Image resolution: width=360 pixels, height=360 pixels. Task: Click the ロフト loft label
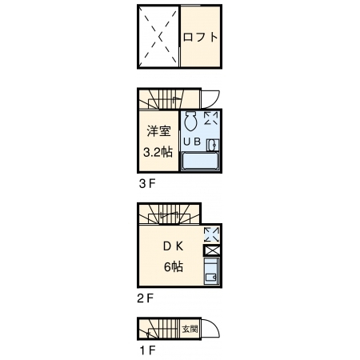201,37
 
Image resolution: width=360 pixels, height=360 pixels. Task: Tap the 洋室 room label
159,131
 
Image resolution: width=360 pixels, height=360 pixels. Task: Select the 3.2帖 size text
158,152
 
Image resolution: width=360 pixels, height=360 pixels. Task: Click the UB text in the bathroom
192,142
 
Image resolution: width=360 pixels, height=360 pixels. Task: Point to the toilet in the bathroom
190,121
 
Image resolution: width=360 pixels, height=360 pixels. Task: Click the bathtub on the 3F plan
200,162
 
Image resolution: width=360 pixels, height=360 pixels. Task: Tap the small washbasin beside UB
213,145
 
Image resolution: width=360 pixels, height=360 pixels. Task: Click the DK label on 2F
174,246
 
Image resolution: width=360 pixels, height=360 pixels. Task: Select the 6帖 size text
174,266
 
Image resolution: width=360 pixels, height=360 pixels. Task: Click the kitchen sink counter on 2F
212,271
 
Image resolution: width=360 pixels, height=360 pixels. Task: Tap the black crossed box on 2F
212,250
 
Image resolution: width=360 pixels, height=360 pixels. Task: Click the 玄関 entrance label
190,329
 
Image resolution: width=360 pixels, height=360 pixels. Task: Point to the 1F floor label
147,350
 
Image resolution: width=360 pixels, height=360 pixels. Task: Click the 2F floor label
146,298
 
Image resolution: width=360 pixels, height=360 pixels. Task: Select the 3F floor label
147,183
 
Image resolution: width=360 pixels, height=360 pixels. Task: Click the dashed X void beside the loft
159,36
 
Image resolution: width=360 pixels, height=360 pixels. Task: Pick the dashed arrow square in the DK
211,234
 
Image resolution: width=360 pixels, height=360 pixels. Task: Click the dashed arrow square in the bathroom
211,118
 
